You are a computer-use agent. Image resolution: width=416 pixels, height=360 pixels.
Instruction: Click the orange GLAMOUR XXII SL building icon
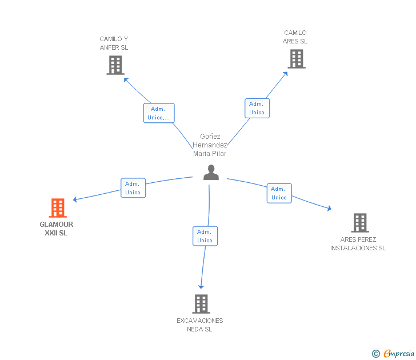58,208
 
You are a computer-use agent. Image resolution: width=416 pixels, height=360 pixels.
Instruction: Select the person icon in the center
211,173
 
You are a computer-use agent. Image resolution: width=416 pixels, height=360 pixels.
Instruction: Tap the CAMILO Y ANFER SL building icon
115,65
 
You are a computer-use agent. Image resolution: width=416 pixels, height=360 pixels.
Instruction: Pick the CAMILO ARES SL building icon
296,59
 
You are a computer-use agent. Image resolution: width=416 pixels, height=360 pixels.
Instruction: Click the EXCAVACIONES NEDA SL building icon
201,304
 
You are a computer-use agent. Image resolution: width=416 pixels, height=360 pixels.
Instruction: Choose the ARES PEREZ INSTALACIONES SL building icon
359,223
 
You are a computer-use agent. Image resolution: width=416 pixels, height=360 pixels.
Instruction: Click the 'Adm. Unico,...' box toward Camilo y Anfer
158,113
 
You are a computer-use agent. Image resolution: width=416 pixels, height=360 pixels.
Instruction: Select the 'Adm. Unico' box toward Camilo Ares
257,108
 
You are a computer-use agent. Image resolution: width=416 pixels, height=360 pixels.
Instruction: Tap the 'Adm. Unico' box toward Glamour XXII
133,188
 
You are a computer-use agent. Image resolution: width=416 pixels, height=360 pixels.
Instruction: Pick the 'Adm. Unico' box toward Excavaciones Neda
205,236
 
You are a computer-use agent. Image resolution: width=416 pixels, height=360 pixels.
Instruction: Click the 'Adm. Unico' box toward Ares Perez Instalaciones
279,193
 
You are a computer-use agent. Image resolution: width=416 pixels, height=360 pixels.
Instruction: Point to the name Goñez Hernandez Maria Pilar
210,145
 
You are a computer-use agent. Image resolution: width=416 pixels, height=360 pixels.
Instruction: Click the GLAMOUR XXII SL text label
57,229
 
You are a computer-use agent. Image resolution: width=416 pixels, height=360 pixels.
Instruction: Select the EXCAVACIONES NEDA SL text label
200,325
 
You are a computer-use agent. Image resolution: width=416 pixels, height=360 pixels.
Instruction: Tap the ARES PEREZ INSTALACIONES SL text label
358,244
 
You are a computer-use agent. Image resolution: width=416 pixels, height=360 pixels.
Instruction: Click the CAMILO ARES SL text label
295,37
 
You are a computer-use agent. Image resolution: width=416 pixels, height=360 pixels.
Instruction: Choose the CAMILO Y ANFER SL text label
114,43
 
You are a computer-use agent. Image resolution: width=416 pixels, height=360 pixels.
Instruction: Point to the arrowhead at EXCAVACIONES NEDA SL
201,286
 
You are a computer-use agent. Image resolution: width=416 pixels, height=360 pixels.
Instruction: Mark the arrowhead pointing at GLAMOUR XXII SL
75,199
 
